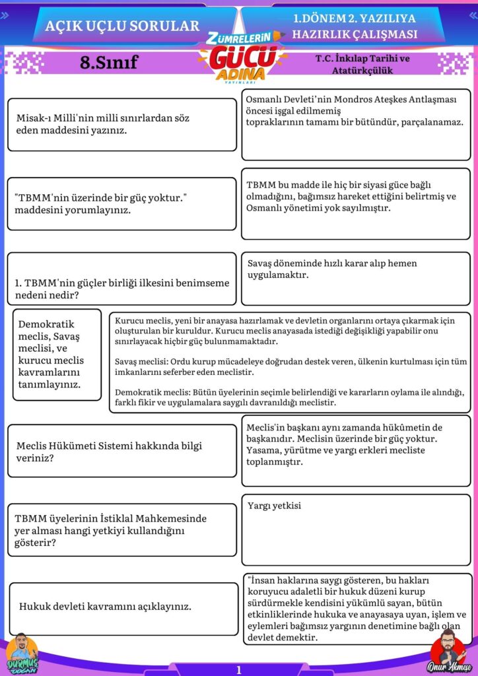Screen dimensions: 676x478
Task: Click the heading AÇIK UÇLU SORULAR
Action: click(122, 26)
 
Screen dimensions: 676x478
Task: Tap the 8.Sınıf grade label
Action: click(108, 63)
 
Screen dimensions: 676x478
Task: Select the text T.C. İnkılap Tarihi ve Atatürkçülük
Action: click(362, 64)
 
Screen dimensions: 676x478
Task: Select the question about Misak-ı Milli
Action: click(103, 124)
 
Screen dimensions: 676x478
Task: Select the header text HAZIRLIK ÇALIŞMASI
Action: click(355, 34)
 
